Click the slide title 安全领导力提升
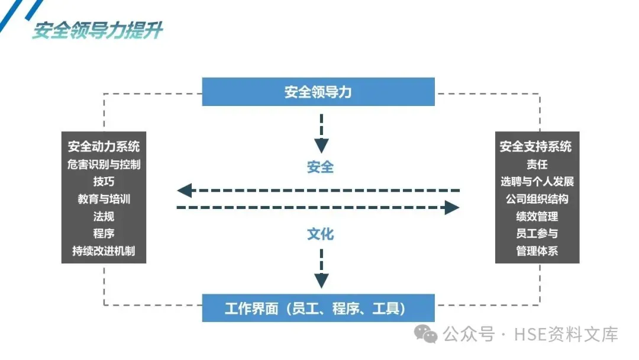point(98,30)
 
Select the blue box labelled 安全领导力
point(318,92)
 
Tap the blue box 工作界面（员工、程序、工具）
point(318,308)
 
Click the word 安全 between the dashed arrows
point(320,167)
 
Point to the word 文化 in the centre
point(320,234)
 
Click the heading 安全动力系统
point(104,146)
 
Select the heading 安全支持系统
point(536,146)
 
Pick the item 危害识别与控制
point(104,164)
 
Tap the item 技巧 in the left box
point(104,182)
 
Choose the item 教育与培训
point(104,199)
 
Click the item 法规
point(104,216)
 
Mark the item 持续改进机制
point(104,250)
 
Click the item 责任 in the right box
point(537,164)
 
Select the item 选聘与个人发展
point(537,181)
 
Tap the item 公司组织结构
point(537,199)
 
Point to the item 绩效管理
point(537,216)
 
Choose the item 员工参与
point(537,233)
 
